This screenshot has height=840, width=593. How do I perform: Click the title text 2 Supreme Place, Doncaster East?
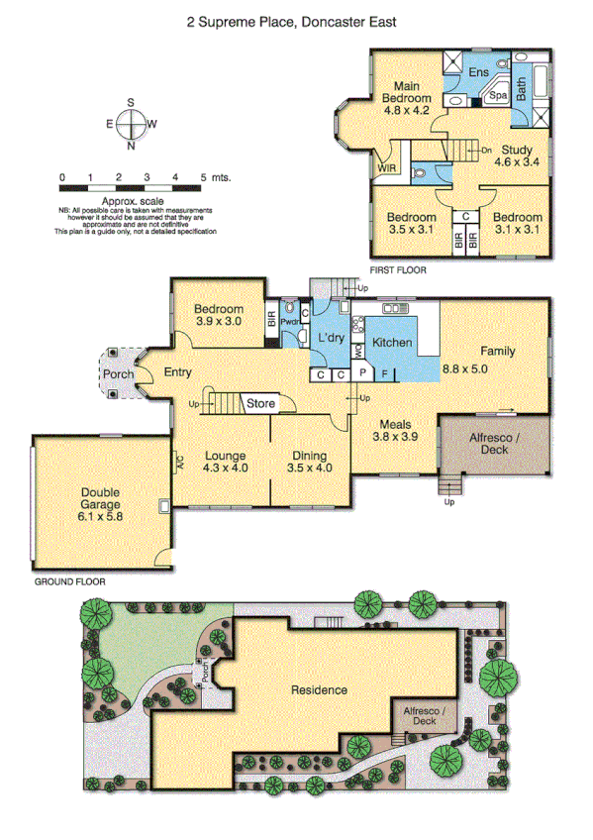click(x=291, y=19)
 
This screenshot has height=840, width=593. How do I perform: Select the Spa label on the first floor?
click(x=499, y=95)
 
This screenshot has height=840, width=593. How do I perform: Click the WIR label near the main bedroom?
click(x=385, y=169)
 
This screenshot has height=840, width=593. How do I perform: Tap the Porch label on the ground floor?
click(x=118, y=374)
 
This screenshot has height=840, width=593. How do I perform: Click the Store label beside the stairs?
click(x=260, y=404)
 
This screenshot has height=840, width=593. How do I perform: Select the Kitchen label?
click(x=392, y=343)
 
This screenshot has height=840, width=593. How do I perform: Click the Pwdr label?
click(x=290, y=322)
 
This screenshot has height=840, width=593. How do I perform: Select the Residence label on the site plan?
click(x=319, y=689)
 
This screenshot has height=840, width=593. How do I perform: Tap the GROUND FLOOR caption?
click(x=69, y=582)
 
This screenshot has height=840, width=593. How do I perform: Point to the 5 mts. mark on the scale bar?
click(x=218, y=177)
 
